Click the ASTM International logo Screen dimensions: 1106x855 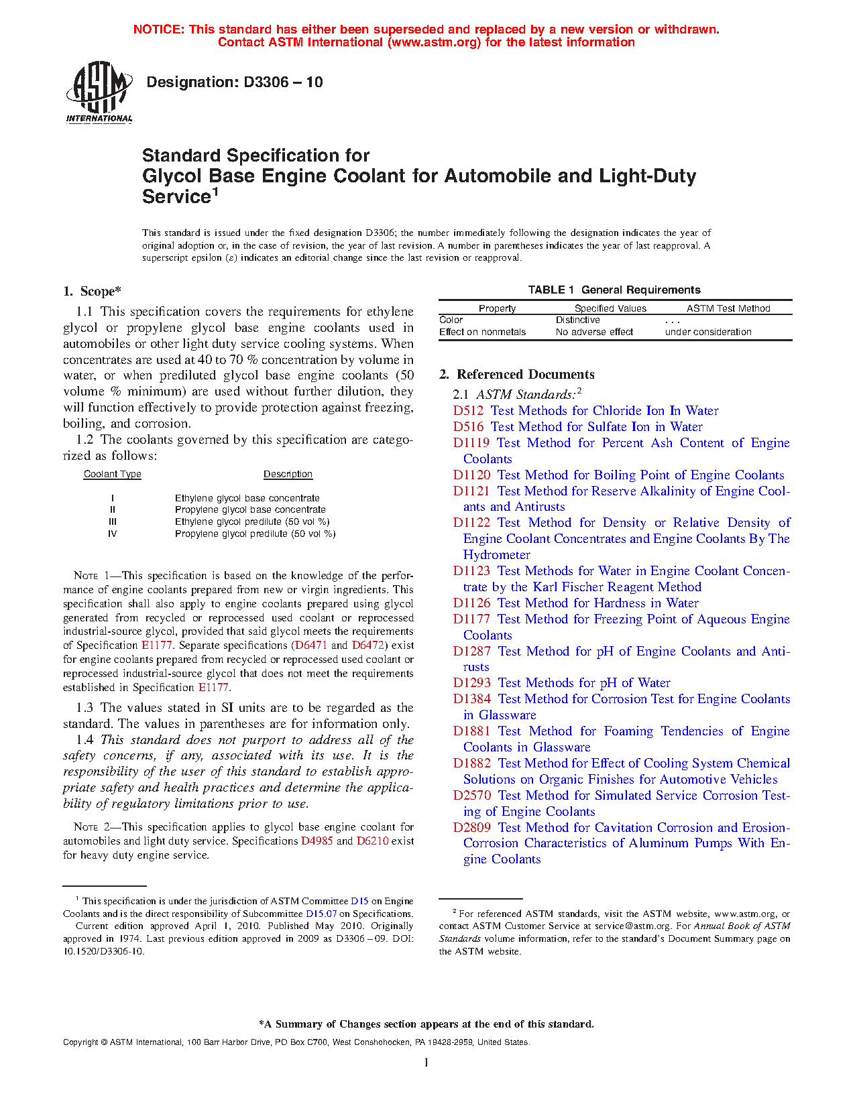pyautogui.click(x=99, y=93)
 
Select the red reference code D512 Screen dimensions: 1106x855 pyautogui.click(x=468, y=411)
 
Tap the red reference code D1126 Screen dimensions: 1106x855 pyautogui.click(x=471, y=603)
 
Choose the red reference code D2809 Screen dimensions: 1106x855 pyautogui.click(x=472, y=828)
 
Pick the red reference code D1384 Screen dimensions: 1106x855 pyautogui.click(x=472, y=699)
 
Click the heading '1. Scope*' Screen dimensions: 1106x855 pyautogui.click(x=92, y=292)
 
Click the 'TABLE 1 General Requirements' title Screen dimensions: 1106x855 pyautogui.click(x=614, y=290)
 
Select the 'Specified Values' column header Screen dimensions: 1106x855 pyautogui.click(x=610, y=309)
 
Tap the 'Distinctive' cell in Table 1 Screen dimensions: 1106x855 pyautogui.click(x=577, y=320)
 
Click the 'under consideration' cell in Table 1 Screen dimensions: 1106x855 pyautogui.click(x=708, y=332)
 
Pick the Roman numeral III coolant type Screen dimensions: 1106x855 pyautogui.click(x=113, y=522)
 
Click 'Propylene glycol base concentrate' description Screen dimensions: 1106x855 pyautogui.click(x=250, y=510)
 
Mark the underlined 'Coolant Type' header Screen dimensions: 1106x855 pyautogui.click(x=113, y=475)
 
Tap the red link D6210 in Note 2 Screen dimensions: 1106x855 pyautogui.click(x=372, y=841)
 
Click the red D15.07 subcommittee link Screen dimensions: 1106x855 pyautogui.click(x=321, y=914)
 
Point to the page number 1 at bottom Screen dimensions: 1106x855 pyautogui.click(x=426, y=1062)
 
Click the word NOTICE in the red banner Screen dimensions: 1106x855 pyautogui.click(x=158, y=29)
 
